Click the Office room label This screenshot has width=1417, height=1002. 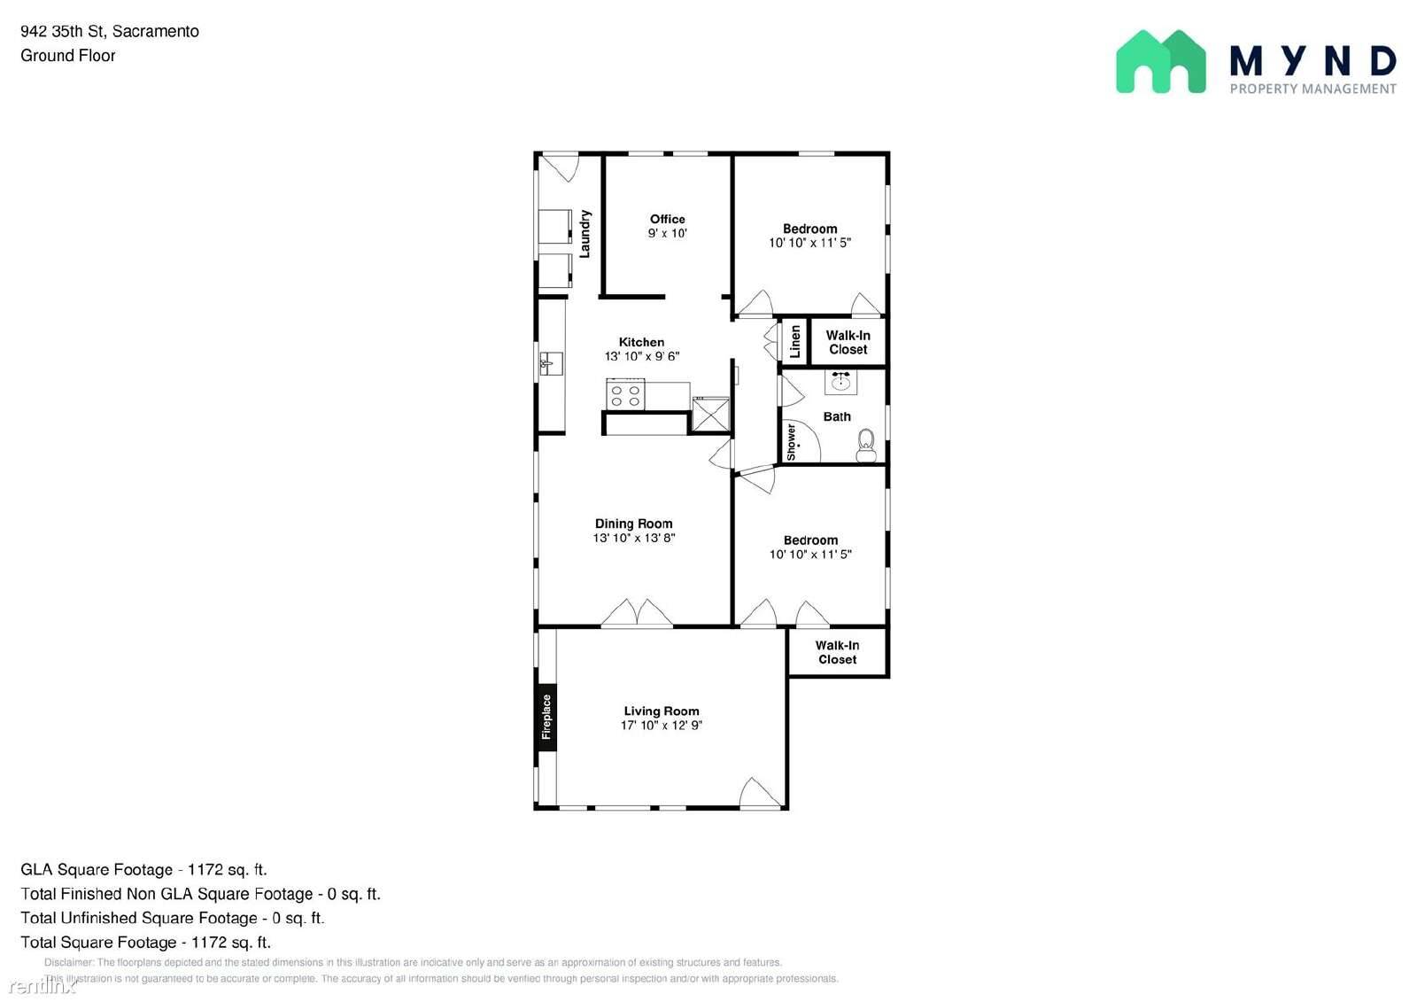pyautogui.click(x=667, y=219)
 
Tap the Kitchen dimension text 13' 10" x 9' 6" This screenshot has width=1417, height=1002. pyautogui.click(x=641, y=356)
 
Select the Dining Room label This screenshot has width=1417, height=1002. pyautogui.click(x=633, y=524)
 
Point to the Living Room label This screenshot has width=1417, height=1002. pyautogui.click(x=661, y=711)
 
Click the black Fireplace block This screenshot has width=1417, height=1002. pyautogui.click(x=546, y=717)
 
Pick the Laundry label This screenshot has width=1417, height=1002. pyautogui.click(x=585, y=234)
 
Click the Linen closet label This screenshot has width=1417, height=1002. pyautogui.click(x=794, y=341)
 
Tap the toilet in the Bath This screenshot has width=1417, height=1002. pyautogui.click(x=866, y=446)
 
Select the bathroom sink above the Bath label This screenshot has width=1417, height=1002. pyautogui.click(x=840, y=382)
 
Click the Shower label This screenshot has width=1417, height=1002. pyautogui.click(x=791, y=442)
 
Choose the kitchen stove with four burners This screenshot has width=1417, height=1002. pyautogui.click(x=625, y=394)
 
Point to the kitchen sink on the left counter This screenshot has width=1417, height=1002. pyautogui.click(x=550, y=363)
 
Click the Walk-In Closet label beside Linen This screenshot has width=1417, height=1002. pyautogui.click(x=848, y=342)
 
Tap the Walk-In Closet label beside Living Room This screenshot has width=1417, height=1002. pyautogui.click(x=837, y=652)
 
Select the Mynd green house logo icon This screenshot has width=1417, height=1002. pyautogui.click(x=1160, y=62)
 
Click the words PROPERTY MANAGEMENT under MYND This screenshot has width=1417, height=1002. pyautogui.click(x=1312, y=89)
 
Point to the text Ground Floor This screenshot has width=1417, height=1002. pyautogui.click(x=68, y=56)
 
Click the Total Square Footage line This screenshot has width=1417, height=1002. pyautogui.click(x=146, y=942)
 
